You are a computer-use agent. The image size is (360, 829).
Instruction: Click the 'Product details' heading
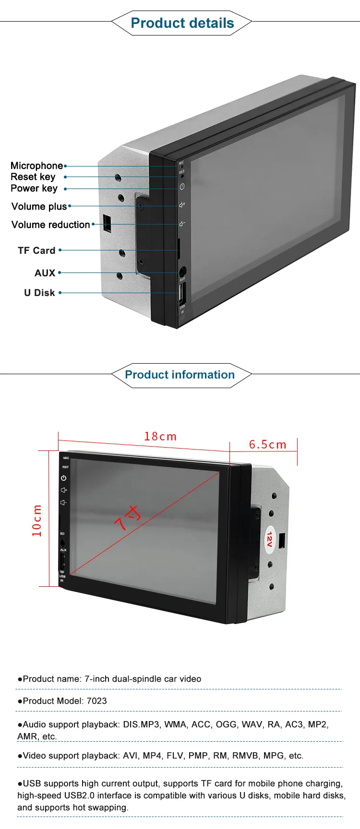coord(182,23)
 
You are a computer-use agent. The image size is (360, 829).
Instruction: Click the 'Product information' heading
coord(180,375)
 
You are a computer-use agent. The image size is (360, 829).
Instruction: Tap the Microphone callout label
coord(37,166)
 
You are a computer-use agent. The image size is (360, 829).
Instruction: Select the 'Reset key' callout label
coord(33,177)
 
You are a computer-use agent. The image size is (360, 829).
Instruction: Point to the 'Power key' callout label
coord(34,188)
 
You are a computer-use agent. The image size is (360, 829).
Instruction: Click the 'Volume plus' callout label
coord(39,206)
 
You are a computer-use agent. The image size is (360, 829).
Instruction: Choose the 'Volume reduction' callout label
coord(50,225)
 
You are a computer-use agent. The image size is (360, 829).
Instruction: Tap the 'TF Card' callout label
coord(36,250)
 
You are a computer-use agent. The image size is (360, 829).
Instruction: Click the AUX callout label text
coord(45,272)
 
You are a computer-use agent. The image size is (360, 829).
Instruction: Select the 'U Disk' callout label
coord(40,293)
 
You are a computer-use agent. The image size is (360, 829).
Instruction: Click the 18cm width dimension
coord(160,437)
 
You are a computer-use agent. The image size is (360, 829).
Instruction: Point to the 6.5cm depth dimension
coord(267,445)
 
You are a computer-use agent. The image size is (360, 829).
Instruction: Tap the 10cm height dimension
coord(37,520)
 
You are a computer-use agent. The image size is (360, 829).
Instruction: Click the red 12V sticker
coord(269,539)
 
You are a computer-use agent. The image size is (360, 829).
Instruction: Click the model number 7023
coord(97,701)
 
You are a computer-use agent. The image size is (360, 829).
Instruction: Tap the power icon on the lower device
coord(63,478)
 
